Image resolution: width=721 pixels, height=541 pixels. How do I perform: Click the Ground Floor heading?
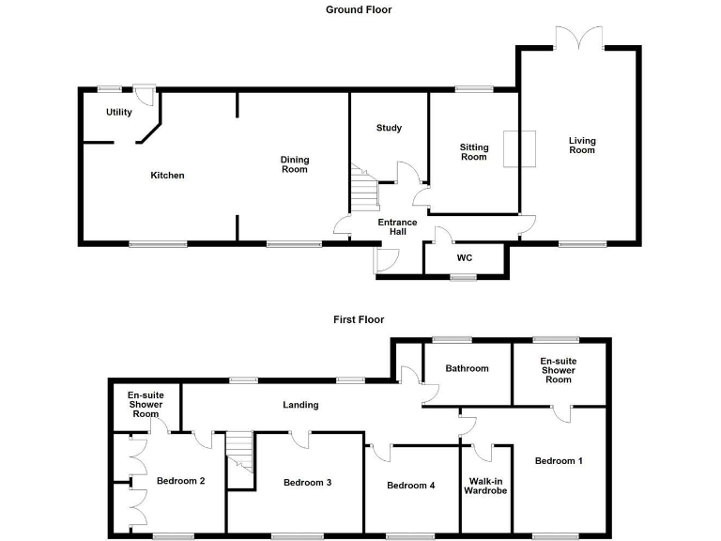coord(359,10)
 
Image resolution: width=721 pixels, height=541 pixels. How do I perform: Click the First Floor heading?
coord(359,319)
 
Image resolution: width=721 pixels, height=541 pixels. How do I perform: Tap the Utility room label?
coord(119,113)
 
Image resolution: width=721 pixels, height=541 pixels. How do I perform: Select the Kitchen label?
coord(169,176)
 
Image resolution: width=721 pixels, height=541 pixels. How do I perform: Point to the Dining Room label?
coord(295,164)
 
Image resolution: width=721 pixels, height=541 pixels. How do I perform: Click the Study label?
coord(389,128)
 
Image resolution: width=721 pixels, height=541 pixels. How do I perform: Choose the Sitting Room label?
coord(473,152)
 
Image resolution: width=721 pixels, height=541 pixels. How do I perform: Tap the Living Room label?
coord(582,146)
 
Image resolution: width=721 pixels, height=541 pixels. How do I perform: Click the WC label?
coord(464,257)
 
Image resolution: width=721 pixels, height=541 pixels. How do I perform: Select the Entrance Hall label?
coord(397,227)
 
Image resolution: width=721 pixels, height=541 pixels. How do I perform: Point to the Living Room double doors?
coord(578,39)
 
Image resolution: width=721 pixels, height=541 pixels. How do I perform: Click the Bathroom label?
coord(467,369)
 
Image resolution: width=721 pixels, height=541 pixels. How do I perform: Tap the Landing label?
coord(300,405)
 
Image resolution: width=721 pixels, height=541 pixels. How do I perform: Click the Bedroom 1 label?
coord(559,461)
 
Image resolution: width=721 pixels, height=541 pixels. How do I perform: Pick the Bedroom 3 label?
coord(308,483)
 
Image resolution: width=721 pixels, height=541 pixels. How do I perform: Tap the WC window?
coord(462,277)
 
